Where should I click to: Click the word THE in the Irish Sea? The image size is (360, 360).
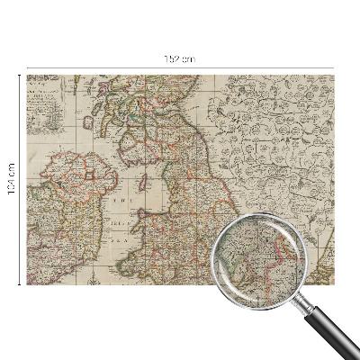point(117,202)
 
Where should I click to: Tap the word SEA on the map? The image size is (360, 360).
point(117,241)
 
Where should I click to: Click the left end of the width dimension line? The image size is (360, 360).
point(27,66)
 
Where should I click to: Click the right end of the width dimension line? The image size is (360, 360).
point(334,66)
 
